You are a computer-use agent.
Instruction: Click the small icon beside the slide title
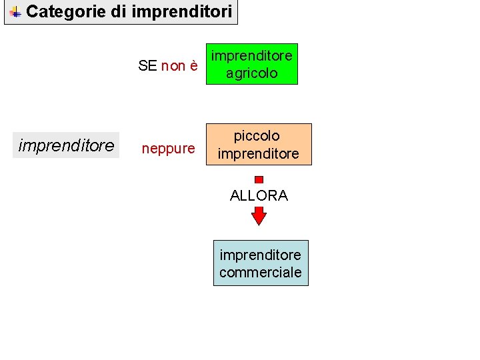[15, 11]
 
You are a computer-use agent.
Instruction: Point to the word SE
[147, 65]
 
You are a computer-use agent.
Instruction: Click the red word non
[173, 65]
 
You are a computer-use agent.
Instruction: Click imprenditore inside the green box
[251, 56]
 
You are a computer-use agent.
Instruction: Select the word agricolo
[251, 73]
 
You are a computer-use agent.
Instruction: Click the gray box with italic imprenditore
[66, 145]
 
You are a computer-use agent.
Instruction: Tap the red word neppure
[168, 148]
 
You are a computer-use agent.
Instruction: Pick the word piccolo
[257, 136]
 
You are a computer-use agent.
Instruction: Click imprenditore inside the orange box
[258, 154]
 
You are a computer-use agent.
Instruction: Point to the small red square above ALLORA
[259, 179]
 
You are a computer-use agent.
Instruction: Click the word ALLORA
[259, 195]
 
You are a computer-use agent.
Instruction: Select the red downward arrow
[259, 216]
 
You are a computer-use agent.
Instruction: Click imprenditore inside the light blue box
[260, 255]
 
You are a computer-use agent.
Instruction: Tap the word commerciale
[260, 272]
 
